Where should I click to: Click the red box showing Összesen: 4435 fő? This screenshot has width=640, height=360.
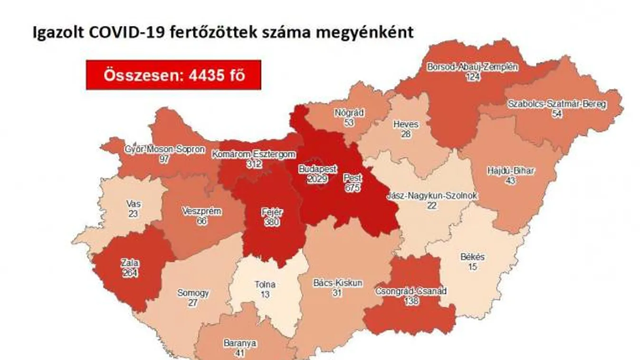click(173, 75)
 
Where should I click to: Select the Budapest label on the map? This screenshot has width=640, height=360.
click(318, 169)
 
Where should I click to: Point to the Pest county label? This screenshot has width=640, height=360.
click(353, 178)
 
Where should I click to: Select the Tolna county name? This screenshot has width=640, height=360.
click(265, 285)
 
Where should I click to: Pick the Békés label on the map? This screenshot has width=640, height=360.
click(472, 257)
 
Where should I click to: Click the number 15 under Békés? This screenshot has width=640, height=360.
click(472, 266)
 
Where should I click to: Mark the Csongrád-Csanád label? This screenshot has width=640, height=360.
click(411, 291)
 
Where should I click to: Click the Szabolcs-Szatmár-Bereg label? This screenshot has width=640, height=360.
click(557, 104)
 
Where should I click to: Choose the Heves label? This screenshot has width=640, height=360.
click(406, 124)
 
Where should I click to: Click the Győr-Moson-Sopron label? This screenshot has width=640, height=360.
click(164, 150)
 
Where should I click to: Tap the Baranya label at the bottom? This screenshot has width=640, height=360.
click(240, 343)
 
